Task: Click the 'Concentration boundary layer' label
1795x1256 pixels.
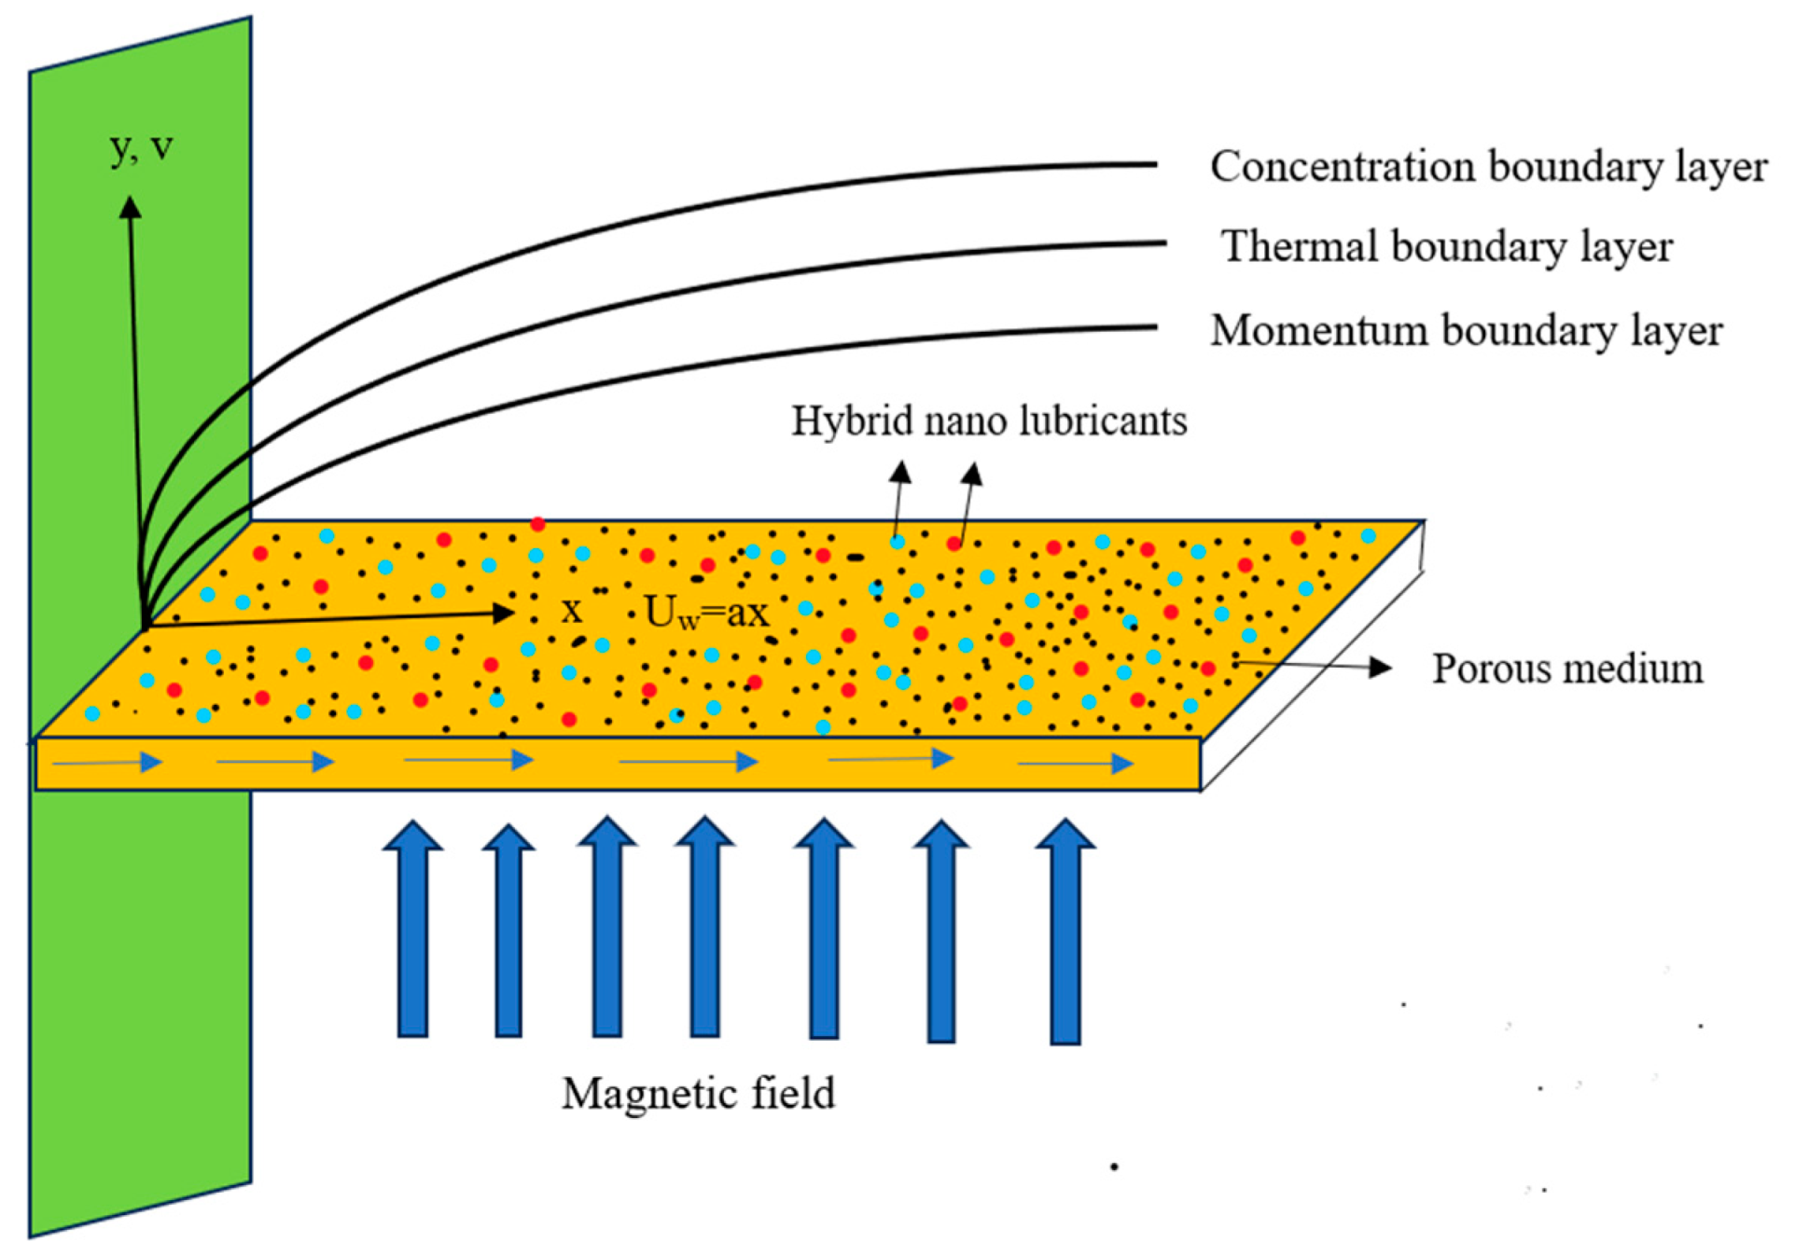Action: pyautogui.click(x=1488, y=168)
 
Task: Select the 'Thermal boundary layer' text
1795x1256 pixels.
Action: pyautogui.click(x=1447, y=247)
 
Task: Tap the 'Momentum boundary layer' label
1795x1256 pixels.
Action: pyautogui.click(x=1466, y=331)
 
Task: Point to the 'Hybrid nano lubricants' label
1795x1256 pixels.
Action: pyautogui.click(x=989, y=421)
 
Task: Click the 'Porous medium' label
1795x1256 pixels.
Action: pyautogui.click(x=1567, y=669)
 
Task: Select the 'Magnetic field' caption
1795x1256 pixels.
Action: pyautogui.click(x=698, y=1093)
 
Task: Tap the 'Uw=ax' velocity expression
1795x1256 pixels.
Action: pyautogui.click(x=707, y=613)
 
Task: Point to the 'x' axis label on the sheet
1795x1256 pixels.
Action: pyautogui.click(x=571, y=611)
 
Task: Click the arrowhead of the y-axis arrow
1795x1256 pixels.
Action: pyautogui.click(x=130, y=206)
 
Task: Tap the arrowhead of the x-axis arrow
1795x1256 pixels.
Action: pyautogui.click(x=502, y=613)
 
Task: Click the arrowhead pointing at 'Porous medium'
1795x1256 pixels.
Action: pyautogui.click(x=1380, y=667)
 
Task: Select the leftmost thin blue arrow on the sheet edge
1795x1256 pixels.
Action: pyautogui.click(x=107, y=763)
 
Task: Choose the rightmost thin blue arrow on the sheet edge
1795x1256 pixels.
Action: pyautogui.click(x=1075, y=764)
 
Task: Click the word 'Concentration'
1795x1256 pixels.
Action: pyautogui.click(x=1343, y=168)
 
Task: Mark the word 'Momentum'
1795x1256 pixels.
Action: pyautogui.click(x=1319, y=331)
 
